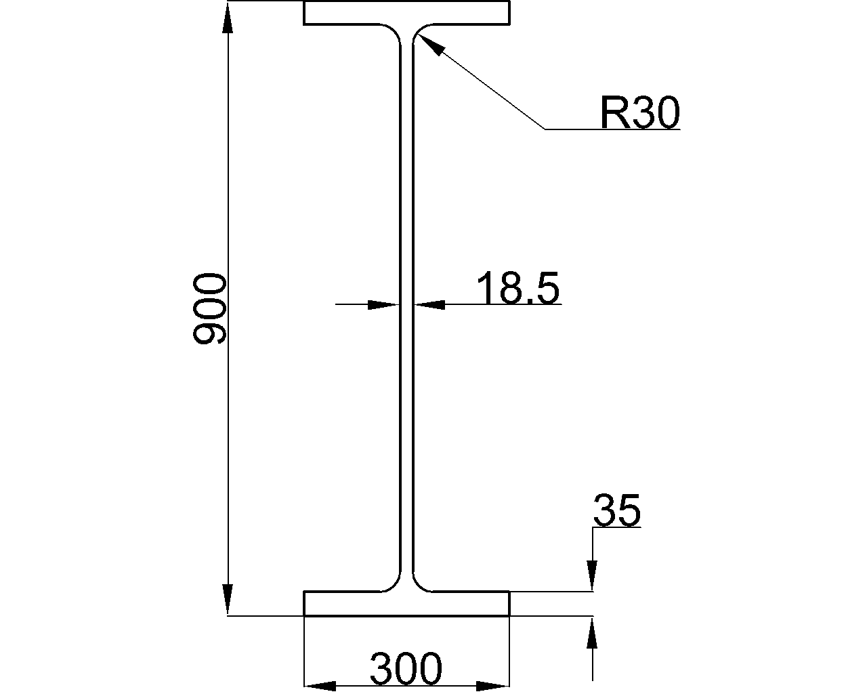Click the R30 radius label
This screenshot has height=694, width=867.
pyautogui.click(x=639, y=113)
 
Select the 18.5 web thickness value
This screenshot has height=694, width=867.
pyautogui.click(x=518, y=287)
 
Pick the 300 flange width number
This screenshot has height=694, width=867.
pyautogui.click(x=406, y=669)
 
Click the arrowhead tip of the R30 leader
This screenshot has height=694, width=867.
pyautogui.click(x=421, y=36)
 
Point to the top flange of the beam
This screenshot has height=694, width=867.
pyautogui.click(x=406, y=14)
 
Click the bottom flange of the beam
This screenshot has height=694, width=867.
pyautogui.click(x=406, y=603)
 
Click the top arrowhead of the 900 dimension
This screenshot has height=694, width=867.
pyautogui.click(x=228, y=16)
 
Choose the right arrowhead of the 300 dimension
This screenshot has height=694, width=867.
pyautogui.click(x=493, y=686)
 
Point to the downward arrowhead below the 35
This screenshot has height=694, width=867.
pyautogui.click(x=593, y=576)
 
